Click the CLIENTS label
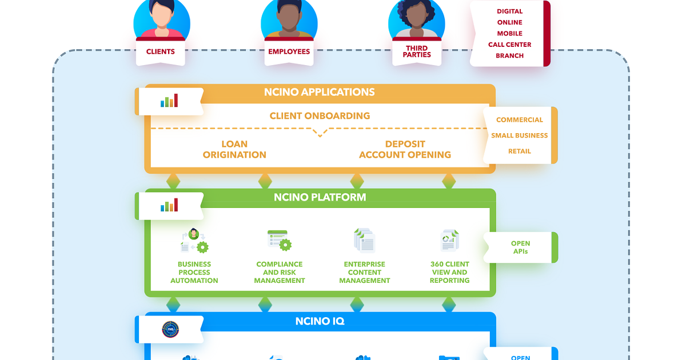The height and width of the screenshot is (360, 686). coord(161,51)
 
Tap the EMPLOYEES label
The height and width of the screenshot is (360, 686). coord(289,51)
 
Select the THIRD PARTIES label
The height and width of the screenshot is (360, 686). coord(417,51)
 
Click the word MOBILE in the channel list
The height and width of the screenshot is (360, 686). coord(509,33)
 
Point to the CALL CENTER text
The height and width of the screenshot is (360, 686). coord(509,45)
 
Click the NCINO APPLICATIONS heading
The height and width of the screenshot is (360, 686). coord(320,92)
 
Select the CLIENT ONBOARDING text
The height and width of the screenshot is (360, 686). coord(320,115)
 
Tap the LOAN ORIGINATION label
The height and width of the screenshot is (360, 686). coord(234,149)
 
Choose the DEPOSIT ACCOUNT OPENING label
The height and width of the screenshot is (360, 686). coord(405,149)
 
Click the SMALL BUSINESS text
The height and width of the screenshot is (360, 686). coord(520,135)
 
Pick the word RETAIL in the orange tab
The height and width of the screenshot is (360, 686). coord(520,151)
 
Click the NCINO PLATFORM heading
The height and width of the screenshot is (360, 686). coord(320,197)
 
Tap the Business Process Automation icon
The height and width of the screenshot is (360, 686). coord(194,241)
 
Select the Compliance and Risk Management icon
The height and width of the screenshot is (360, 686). coord(280,241)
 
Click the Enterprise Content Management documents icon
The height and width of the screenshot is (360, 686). coord(365,241)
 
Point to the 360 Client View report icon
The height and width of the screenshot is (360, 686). coord(449,241)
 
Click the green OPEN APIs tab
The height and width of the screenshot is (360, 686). coord(521,247)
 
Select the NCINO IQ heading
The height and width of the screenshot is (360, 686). coord(320,321)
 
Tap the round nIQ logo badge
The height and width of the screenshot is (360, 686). coord(170,329)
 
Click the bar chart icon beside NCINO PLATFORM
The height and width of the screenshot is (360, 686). coord(169,205)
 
